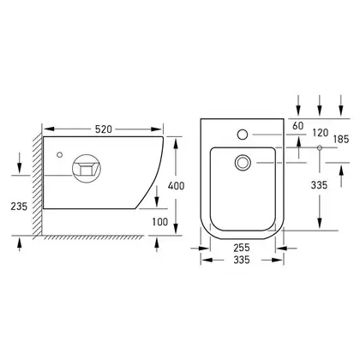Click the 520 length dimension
coord(104,129)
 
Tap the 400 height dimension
coord(176,186)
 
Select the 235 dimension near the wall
coord(19,206)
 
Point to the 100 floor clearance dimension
coord(160,221)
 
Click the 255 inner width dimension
coord(242,248)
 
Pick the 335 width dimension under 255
coord(242,260)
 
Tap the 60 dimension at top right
coord(298,126)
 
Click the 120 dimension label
coord(321,133)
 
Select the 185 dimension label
coord(341,139)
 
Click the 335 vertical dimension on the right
coord(319,185)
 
